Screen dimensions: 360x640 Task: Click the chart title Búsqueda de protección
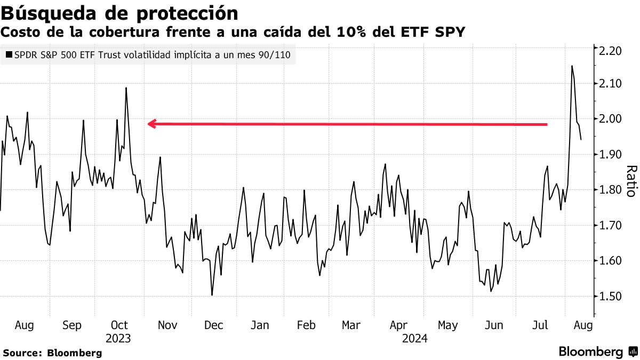coord(120,12)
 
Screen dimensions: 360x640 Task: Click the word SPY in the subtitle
coord(449,33)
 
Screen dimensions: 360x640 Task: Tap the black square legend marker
coord(8,54)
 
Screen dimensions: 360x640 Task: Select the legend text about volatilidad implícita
coord(153,54)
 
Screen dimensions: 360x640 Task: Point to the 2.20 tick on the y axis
coord(610,51)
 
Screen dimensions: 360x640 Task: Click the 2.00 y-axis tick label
coord(610,119)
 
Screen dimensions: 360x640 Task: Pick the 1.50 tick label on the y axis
coord(610,297)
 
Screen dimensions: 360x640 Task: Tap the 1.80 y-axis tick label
coord(610,190)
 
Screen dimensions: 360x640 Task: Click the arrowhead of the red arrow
coord(150,124)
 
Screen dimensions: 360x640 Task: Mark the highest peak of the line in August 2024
coord(572,66)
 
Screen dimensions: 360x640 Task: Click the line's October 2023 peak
coord(126,88)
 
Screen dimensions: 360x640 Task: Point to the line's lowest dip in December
coord(212,295)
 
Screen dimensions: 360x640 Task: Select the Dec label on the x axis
coord(213,325)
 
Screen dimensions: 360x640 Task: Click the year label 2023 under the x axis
coord(118,338)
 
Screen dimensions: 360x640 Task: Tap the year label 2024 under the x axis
coord(416,338)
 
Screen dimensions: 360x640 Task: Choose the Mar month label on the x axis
coord(351,325)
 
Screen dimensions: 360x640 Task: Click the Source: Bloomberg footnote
coord(52,353)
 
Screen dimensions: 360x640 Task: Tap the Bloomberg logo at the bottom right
coord(597,352)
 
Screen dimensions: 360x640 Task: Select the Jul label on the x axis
coord(541,325)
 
